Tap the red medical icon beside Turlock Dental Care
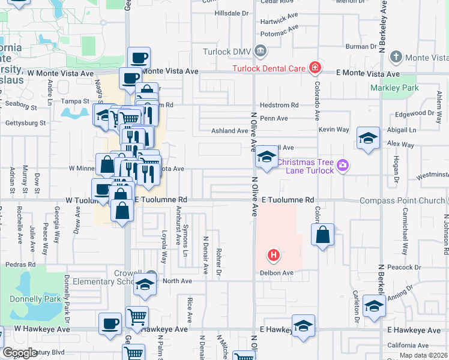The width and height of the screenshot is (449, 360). point(315,68)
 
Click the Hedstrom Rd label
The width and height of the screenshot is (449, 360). point(280,105)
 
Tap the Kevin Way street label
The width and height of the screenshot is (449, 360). point(334,130)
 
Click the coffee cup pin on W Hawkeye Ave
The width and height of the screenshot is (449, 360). point(110,325)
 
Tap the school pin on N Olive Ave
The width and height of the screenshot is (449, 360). point(266,158)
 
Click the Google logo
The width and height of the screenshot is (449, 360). point(20,353)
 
